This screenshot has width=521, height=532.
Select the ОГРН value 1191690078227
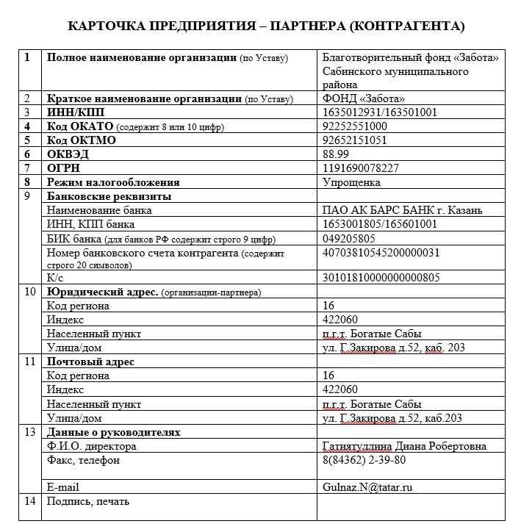[362, 168]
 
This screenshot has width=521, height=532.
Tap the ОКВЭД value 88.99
[337, 154]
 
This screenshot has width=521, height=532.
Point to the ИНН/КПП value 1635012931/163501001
[380, 112]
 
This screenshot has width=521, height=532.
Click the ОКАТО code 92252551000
[356, 126]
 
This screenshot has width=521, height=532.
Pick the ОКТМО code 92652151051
[356, 140]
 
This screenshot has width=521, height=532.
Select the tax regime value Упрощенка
[351, 182]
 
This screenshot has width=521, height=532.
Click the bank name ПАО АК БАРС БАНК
[403, 210]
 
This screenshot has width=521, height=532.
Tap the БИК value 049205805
[349, 238]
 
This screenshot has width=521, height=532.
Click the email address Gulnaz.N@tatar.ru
[367, 486]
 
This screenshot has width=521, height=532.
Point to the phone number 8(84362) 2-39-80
[364, 460]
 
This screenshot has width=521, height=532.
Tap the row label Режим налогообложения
[113, 182]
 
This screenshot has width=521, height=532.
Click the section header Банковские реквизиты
[109, 196]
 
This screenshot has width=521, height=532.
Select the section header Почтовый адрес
[90, 362]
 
